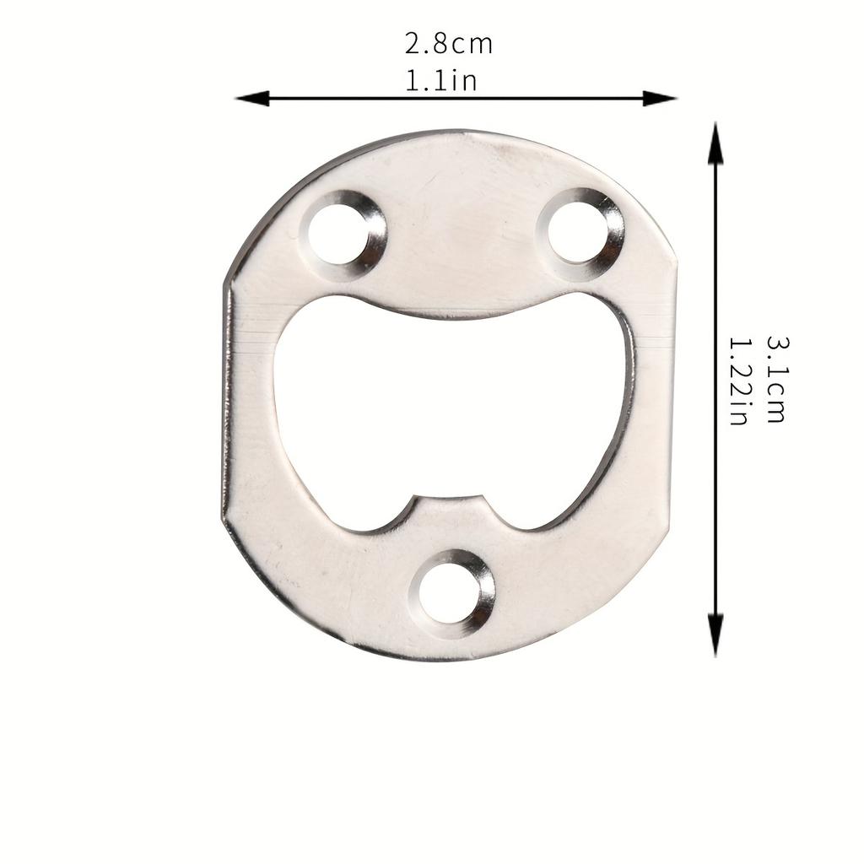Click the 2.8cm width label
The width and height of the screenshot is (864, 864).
[448, 43]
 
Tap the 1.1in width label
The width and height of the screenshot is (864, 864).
[441, 81]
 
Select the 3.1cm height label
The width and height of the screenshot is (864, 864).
[776, 379]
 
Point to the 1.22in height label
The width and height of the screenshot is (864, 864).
[739, 381]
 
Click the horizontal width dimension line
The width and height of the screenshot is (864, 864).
[456, 98]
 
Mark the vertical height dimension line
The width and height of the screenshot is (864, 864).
[715, 388]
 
